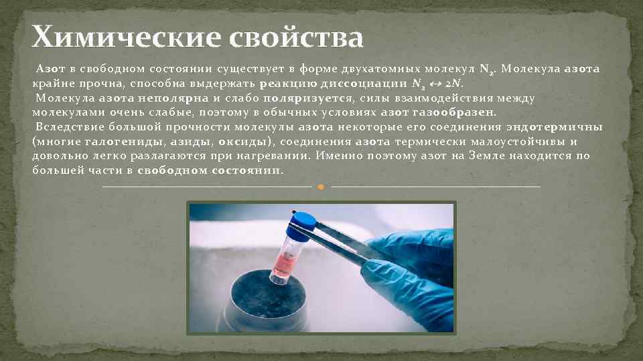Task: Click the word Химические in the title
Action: point(125,37)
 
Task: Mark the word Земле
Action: point(468,156)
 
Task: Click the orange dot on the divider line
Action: point(321,187)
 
